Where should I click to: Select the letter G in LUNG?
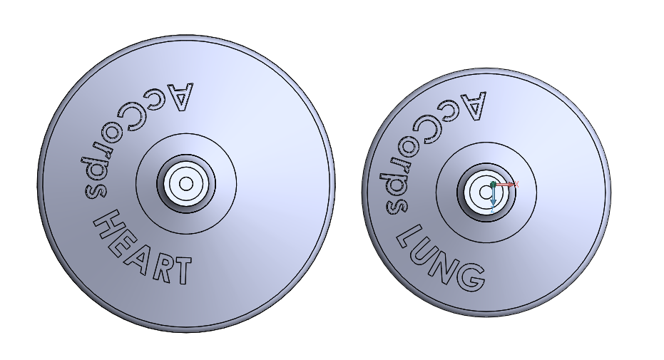[471, 277]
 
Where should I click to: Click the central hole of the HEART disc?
[186, 184]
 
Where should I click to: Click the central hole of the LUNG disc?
[486, 192]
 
